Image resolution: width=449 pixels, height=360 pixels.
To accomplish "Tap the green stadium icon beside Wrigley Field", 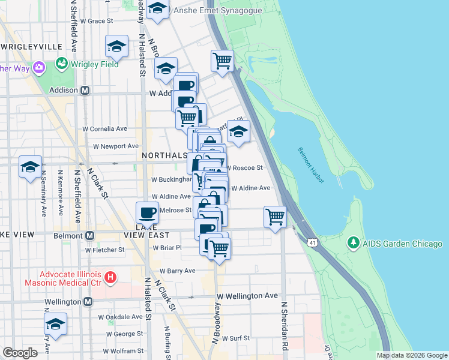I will (61, 62).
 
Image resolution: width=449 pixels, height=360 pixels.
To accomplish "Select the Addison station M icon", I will (85, 90).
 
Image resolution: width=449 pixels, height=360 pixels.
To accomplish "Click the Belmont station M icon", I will (89, 236).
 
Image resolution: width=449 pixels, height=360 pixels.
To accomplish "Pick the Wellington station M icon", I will (88, 301).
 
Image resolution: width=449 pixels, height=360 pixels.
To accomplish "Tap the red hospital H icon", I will (110, 277).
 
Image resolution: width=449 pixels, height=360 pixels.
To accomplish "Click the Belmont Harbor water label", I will (312, 160).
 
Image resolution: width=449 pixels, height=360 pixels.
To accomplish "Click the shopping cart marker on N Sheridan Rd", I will (275, 217).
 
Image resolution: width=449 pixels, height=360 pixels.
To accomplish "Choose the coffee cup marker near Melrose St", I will (147, 212).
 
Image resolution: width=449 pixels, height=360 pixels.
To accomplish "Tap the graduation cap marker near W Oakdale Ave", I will (55, 324).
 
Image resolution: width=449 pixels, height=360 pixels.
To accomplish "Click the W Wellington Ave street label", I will (247, 296).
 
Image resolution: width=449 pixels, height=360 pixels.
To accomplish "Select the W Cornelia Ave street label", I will (105, 128).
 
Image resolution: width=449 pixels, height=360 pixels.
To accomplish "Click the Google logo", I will (20, 353).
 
